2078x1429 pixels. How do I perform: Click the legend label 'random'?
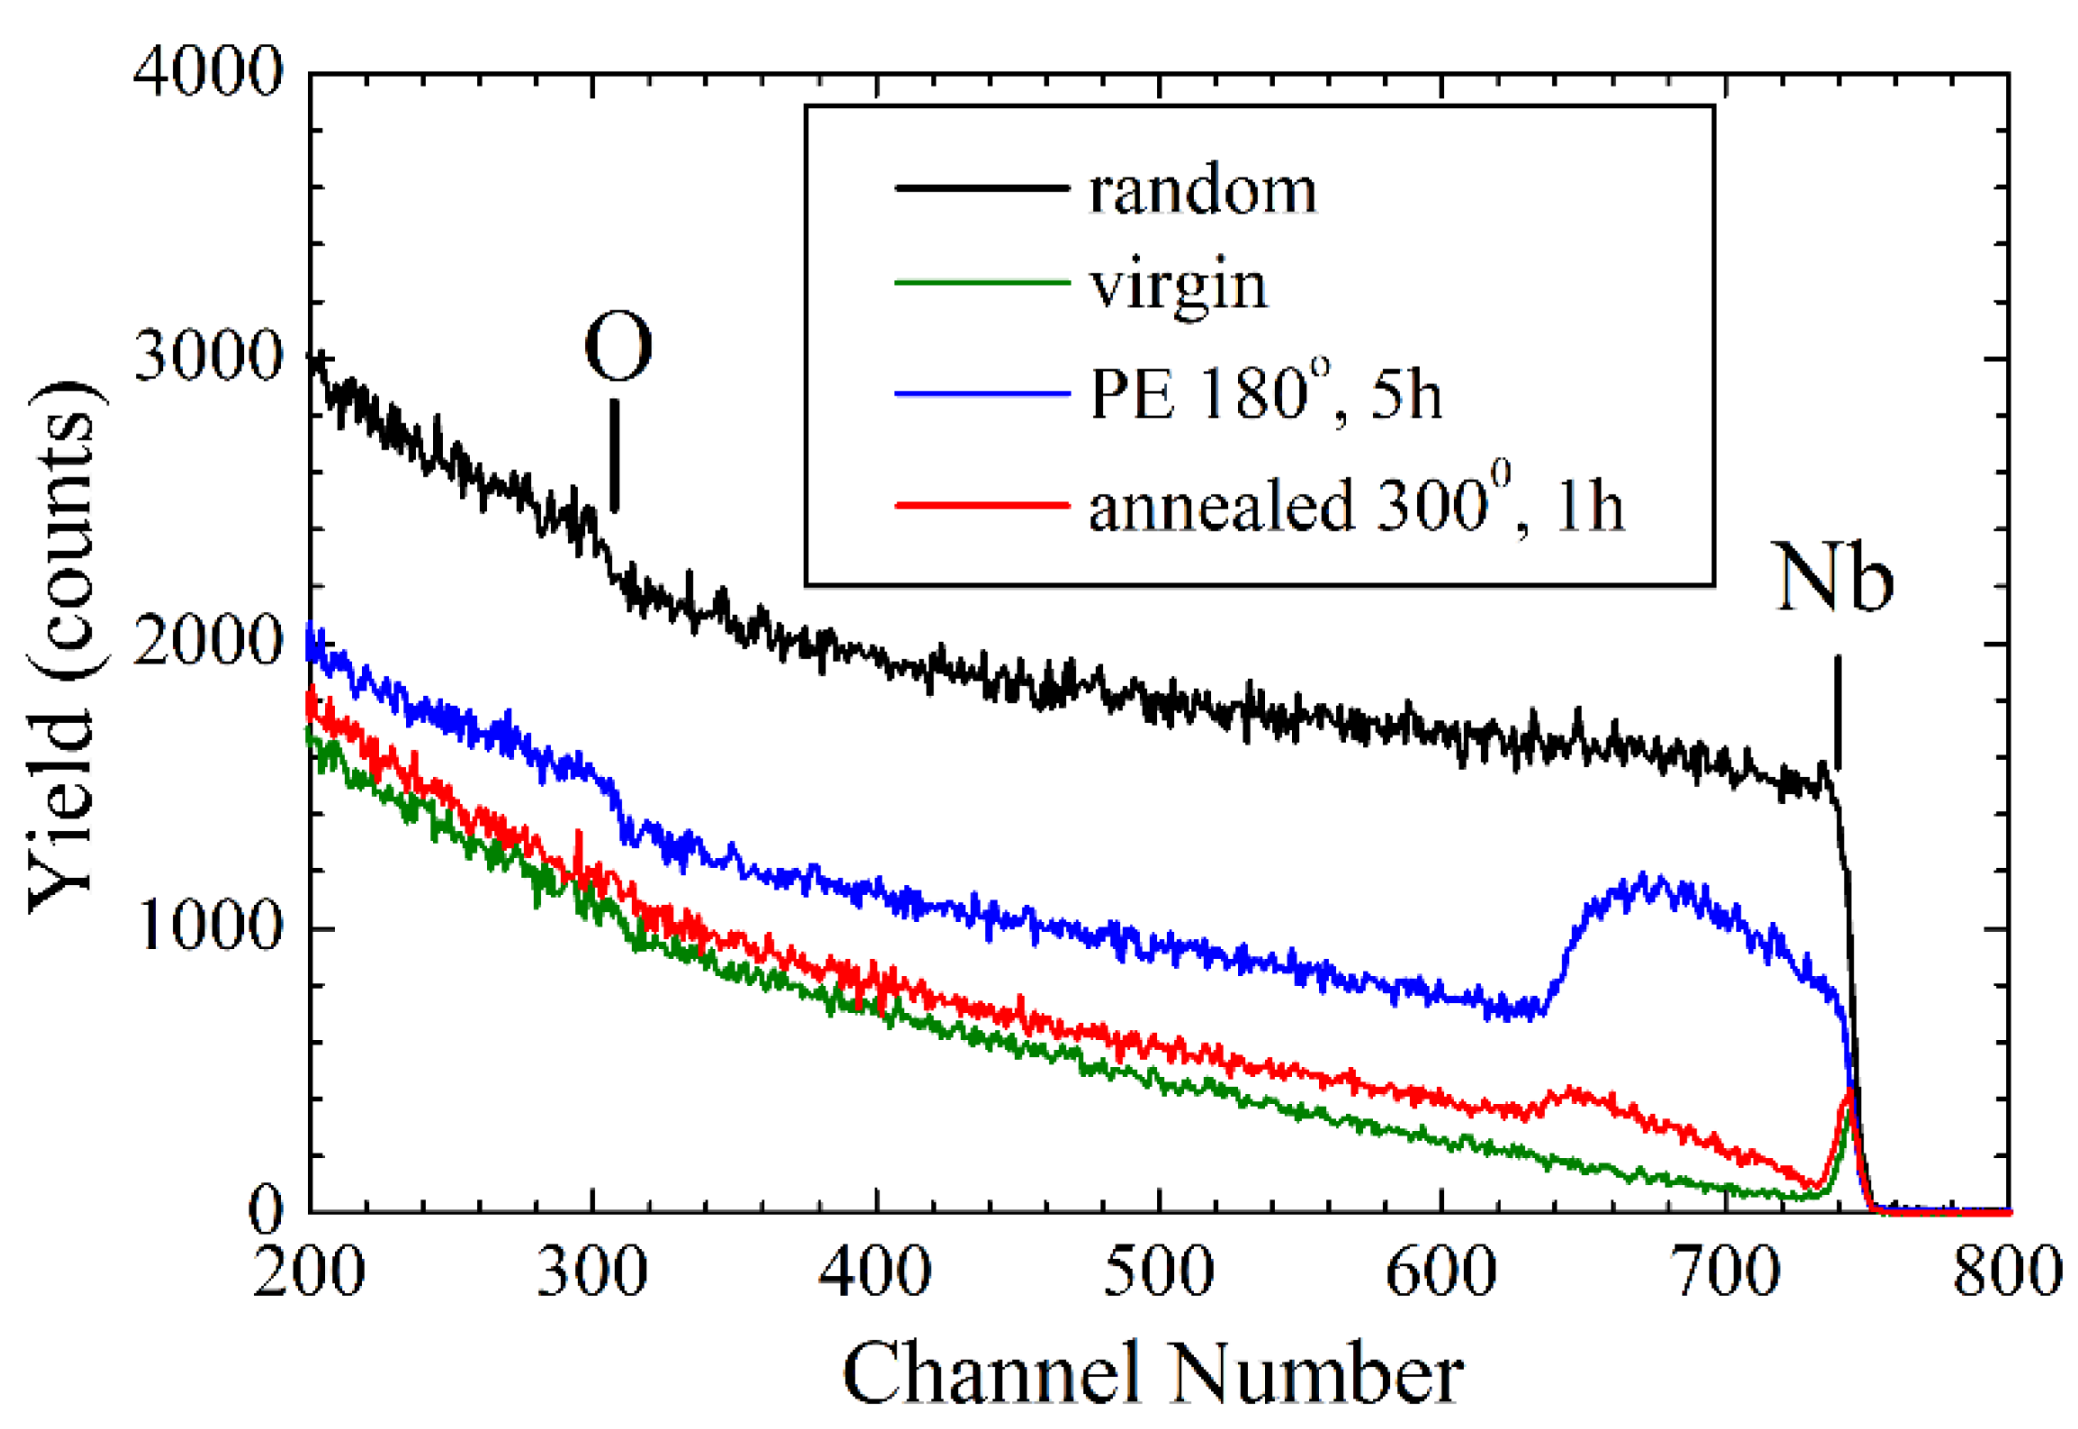pyautogui.click(x=1201, y=191)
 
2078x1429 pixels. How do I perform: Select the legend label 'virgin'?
pyautogui.click(x=1178, y=286)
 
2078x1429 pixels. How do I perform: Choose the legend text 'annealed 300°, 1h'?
pyautogui.click(x=1356, y=506)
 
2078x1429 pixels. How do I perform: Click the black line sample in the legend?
pyautogui.click(x=981, y=187)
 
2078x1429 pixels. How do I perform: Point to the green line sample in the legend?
pyautogui.click(x=981, y=283)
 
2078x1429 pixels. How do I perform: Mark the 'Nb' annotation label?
pyautogui.click(x=1833, y=578)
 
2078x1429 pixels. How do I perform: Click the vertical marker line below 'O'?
pyautogui.click(x=615, y=457)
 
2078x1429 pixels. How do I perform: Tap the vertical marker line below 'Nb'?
pyautogui.click(x=1838, y=711)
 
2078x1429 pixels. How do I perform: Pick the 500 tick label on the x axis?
pyautogui.click(x=1158, y=1271)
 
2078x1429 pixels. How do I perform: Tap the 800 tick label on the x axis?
pyautogui.click(x=2006, y=1271)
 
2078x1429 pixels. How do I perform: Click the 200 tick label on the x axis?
pyautogui.click(x=309, y=1271)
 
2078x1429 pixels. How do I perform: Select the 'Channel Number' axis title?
pyautogui.click(x=1152, y=1374)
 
